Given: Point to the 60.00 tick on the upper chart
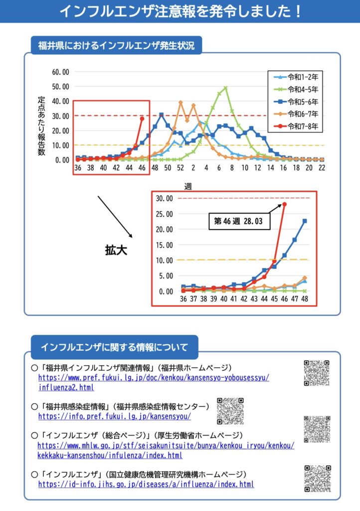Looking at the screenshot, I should [60, 71].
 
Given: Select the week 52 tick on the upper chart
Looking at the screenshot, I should [180, 169].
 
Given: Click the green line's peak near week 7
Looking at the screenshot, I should [225, 88].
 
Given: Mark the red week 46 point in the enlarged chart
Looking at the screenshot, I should [284, 204].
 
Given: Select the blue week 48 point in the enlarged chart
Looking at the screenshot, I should [304, 221].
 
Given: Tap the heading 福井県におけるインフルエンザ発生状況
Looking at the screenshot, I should [116, 46].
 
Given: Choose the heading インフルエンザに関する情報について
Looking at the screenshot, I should [114, 346].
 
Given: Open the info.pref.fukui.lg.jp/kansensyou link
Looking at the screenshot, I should [114, 416].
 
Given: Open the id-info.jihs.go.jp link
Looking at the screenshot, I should [146, 484].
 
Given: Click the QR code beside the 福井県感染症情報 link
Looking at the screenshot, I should [230, 411].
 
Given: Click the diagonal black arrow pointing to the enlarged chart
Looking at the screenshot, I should [115, 216].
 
